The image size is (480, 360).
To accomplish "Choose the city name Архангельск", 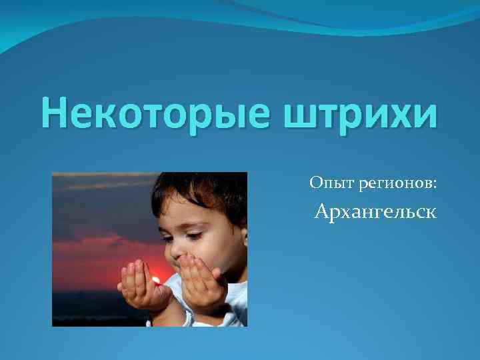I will pyautogui.click(x=375, y=213).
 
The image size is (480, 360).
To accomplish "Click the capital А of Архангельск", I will pyautogui.click(x=322, y=213).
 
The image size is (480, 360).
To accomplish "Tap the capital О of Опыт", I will pyautogui.click(x=315, y=181).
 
